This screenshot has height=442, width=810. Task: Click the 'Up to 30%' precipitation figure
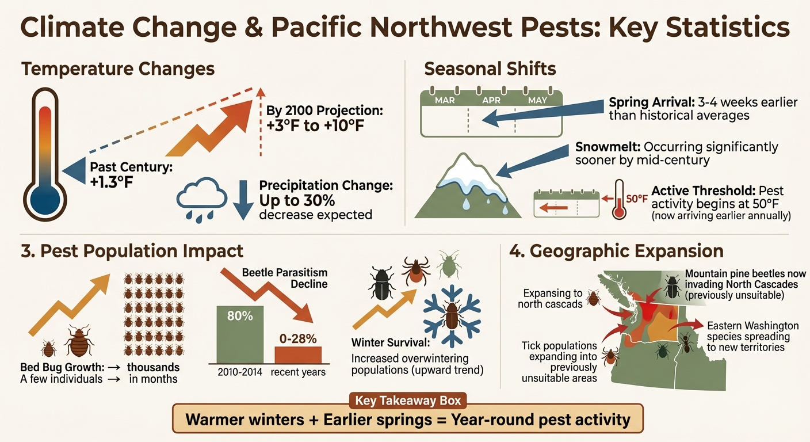[297, 201]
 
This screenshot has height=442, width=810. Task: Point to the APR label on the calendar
[491, 100]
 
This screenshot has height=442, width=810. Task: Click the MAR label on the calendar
[445, 100]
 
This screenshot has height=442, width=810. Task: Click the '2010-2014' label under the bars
[239, 372]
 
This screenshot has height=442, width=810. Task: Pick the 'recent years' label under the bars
[298, 372]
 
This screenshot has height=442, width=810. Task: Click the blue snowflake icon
[452, 317]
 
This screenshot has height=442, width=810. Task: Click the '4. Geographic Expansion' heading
[616, 252]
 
